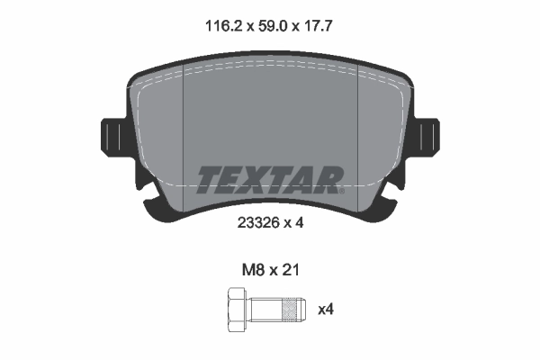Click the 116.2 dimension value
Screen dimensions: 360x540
pyautogui.click(x=215, y=27)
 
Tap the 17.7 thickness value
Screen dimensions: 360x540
pyautogui.click(x=322, y=27)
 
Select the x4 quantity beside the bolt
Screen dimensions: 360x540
pyautogui.click(x=327, y=310)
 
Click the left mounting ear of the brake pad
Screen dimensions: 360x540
pyautogui.click(x=112, y=138)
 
